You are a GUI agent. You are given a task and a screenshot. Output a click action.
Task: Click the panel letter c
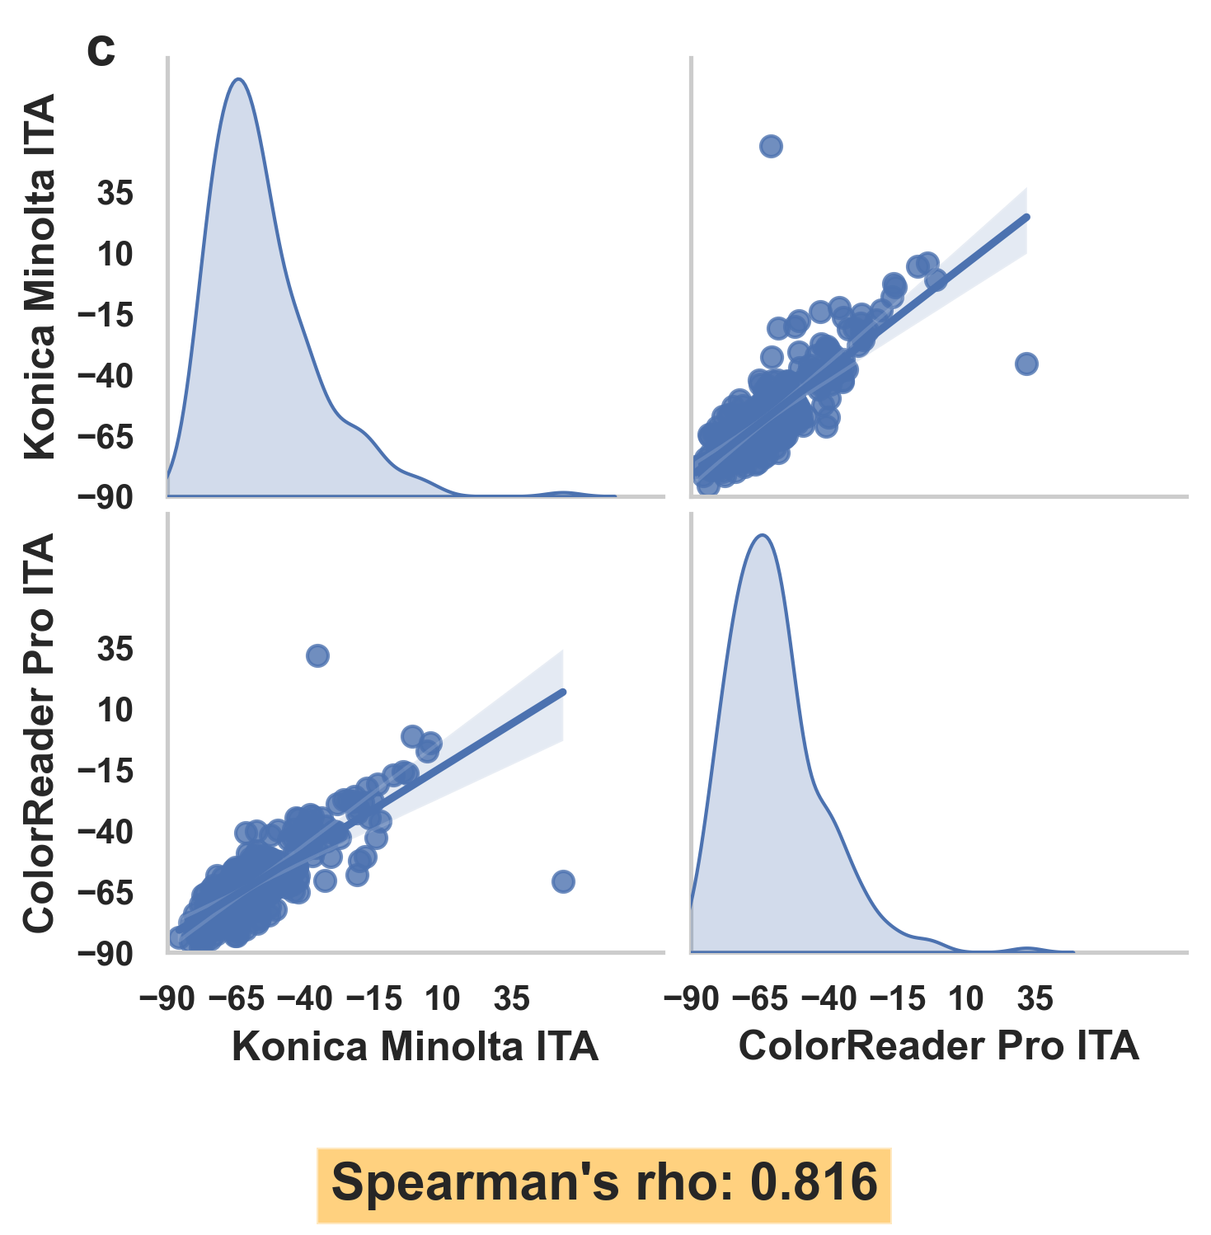click(x=101, y=52)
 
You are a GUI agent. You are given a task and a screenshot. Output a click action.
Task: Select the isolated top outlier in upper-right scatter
click(x=771, y=147)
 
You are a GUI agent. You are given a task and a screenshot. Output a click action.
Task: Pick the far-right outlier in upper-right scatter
click(x=1026, y=364)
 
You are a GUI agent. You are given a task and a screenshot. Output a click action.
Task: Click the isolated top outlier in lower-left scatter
click(x=317, y=655)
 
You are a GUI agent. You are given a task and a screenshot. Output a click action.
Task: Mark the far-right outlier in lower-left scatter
click(x=563, y=881)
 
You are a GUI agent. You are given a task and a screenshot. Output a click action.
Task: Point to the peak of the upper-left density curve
click(x=238, y=80)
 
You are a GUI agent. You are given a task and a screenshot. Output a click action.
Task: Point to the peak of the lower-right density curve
click(x=763, y=536)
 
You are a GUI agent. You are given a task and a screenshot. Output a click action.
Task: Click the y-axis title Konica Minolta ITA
click(x=40, y=276)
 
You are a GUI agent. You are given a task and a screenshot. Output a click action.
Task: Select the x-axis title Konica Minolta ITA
click(x=415, y=1046)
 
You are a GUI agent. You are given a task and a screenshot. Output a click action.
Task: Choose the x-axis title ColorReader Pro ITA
click(x=938, y=1045)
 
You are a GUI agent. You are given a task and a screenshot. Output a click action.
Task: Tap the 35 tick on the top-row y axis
click(x=115, y=195)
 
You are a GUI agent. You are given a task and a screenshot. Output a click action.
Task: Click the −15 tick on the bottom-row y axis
click(x=106, y=772)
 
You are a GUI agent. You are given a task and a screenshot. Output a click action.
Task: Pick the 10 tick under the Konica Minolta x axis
click(x=443, y=999)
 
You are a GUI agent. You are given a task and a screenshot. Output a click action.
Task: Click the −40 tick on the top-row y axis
click(x=106, y=377)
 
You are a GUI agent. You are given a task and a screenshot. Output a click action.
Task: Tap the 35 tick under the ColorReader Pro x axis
click(x=1035, y=999)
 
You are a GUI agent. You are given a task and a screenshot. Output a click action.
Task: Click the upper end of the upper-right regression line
click(x=1027, y=217)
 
